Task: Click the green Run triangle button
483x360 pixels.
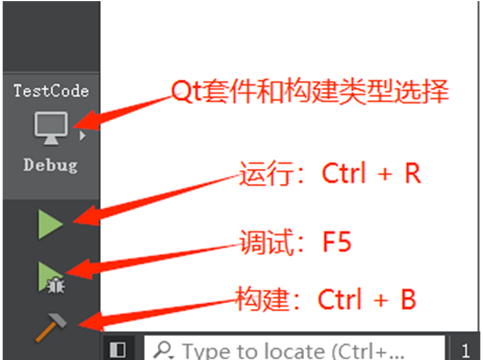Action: pyautogui.click(x=50, y=224)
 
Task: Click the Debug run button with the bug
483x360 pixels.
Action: pyautogui.click(x=50, y=276)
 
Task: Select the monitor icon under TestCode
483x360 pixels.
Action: pyautogui.click(x=51, y=127)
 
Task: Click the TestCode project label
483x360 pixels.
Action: pyautogui.click(x=51, y=90)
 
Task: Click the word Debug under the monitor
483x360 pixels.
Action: pyautogui.click(x=51, y=165)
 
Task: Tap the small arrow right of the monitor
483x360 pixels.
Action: pyautogui.click(x=82, y=136)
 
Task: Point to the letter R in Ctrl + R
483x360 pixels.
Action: pyautogui.click(x=412, y=174)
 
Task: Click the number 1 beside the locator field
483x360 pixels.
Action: pyautogui.click(x=466, y=350)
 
